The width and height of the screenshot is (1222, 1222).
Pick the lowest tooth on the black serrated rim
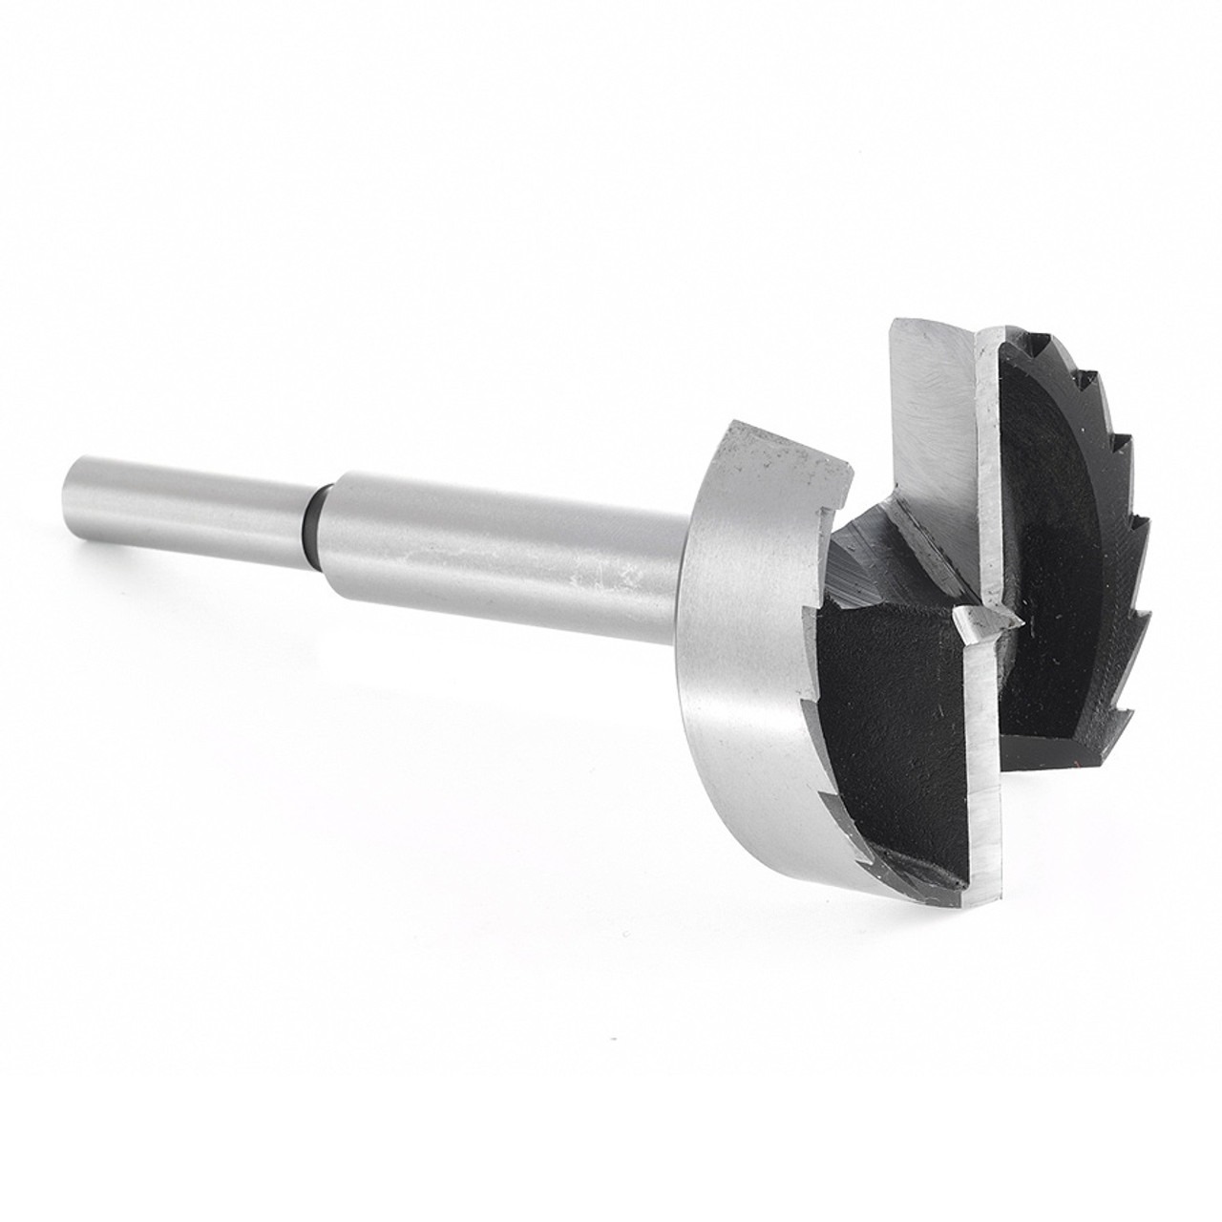[x=1130, y=711]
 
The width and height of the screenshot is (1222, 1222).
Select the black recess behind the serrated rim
[x=1050, y=535]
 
